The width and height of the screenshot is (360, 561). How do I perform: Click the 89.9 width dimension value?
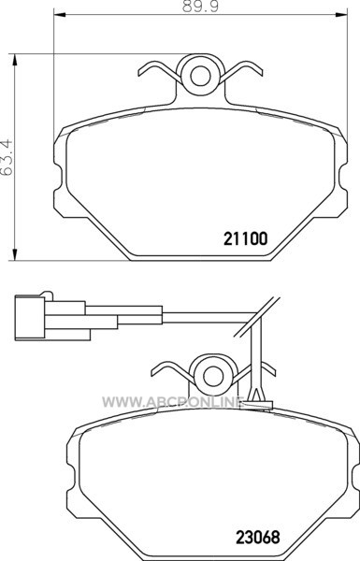point(200,7)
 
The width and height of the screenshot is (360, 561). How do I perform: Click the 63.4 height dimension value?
point(7,157)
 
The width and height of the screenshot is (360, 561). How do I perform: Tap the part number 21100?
point(246,239)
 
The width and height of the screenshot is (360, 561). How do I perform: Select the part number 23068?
point(257,537)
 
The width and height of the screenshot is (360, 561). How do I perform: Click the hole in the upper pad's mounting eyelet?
point(200,76)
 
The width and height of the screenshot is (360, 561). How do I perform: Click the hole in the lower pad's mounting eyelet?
point(213,376)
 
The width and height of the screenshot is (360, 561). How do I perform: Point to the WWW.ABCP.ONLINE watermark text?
point(173,402)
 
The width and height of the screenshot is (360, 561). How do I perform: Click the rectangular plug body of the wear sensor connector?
point(30,317)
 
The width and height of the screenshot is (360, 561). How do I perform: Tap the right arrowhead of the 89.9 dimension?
point(341,14)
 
